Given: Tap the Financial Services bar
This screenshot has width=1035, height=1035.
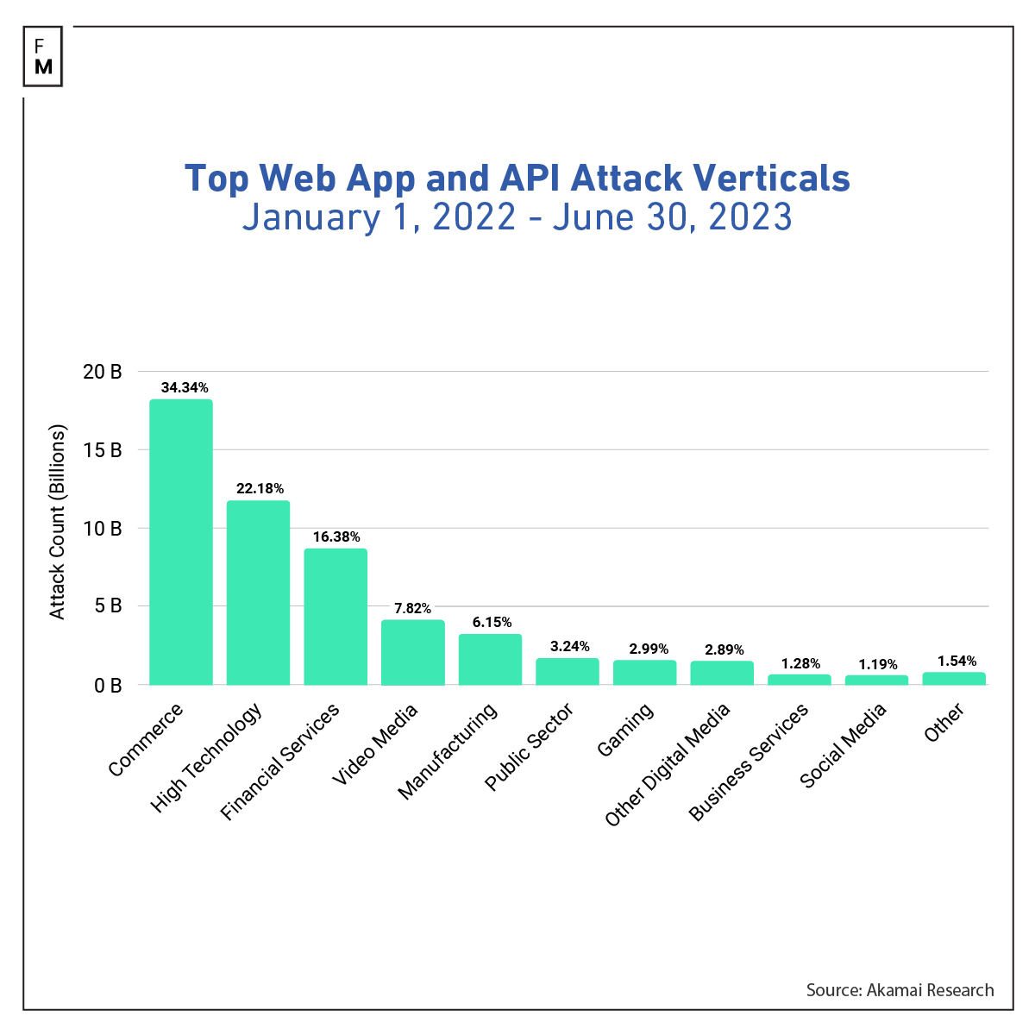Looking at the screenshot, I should [336, 617].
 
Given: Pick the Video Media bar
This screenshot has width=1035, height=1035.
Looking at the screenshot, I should [413, 652].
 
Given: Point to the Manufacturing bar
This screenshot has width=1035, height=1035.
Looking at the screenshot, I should [490, 659].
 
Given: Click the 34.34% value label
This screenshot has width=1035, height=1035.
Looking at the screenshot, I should [185, 388].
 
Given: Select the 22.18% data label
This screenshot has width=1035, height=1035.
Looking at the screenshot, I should [260, 489].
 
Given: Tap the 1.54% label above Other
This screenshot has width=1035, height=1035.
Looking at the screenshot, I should [956, 662].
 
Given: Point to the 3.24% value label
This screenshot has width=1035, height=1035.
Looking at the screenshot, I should [570, 646].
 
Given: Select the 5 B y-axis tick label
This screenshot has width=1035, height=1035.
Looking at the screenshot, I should [109, 606].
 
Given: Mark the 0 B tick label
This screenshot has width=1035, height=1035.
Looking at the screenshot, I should [109, 685].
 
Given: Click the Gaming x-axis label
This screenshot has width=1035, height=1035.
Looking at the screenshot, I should [625, 730].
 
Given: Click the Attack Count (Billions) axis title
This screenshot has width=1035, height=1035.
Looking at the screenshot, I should [58, 522].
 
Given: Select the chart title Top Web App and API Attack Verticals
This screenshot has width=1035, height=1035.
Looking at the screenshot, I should [517, 179].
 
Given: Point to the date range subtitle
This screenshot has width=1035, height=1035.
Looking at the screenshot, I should [517, 216].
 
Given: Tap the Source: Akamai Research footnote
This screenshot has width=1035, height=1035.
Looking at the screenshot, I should [900, 990].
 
